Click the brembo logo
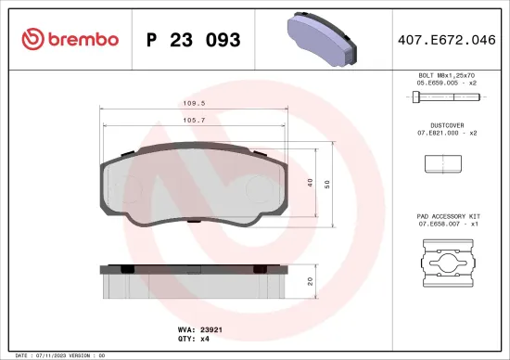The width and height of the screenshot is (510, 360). (70, 40)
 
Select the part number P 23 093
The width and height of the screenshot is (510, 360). (194, 40)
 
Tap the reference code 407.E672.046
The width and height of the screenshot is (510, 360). (446, 40)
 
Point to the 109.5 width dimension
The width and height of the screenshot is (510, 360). (192, 105)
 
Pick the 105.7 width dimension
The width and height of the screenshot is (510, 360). (192, 120)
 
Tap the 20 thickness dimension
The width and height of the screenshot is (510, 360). (309, 281)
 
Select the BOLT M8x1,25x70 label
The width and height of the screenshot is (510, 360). (446, 73)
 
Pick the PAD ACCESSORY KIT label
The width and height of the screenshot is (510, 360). (446, 215)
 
